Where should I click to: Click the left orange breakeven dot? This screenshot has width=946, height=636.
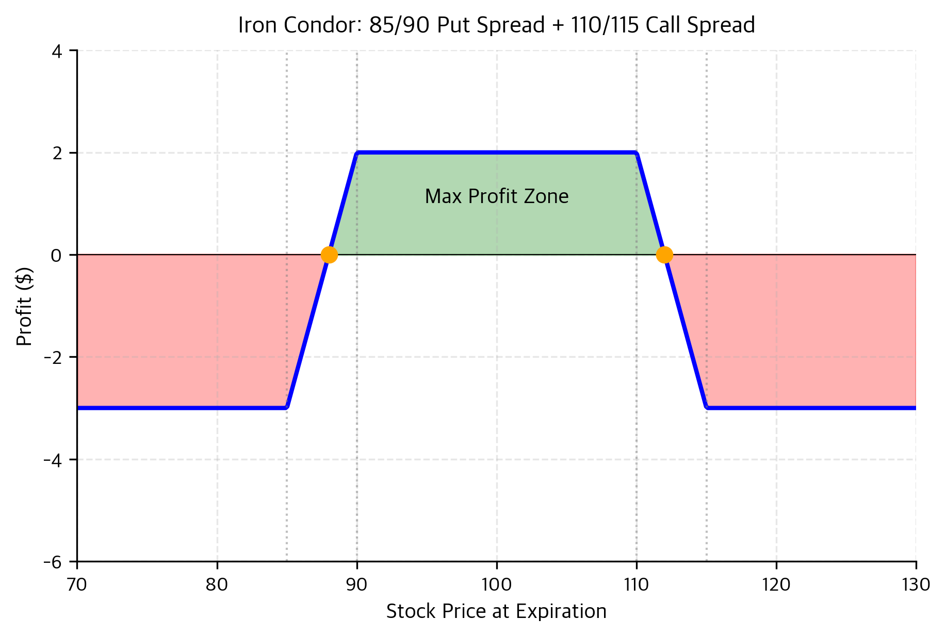(329, 255)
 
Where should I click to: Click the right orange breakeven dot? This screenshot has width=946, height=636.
(664, 255)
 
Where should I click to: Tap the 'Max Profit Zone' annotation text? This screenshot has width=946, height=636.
(496, 196)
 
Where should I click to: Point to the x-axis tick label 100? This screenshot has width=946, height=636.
(496, 584)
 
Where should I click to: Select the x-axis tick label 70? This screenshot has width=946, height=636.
(77, 584)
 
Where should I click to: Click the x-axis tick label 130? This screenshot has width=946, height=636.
(916, 584)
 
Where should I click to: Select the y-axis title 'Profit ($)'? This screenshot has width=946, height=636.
(24, 307)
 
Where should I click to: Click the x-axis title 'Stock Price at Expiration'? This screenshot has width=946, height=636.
(496, 612)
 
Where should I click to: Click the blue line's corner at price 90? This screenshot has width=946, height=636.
(357, 153)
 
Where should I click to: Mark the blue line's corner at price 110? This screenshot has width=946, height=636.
(637, 153)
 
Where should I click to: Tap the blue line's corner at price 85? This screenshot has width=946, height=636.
(287, 407)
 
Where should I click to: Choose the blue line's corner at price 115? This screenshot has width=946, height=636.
(707, 407)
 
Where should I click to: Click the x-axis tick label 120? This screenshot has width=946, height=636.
(776, 584)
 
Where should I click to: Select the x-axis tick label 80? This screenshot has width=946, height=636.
(217, 584)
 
